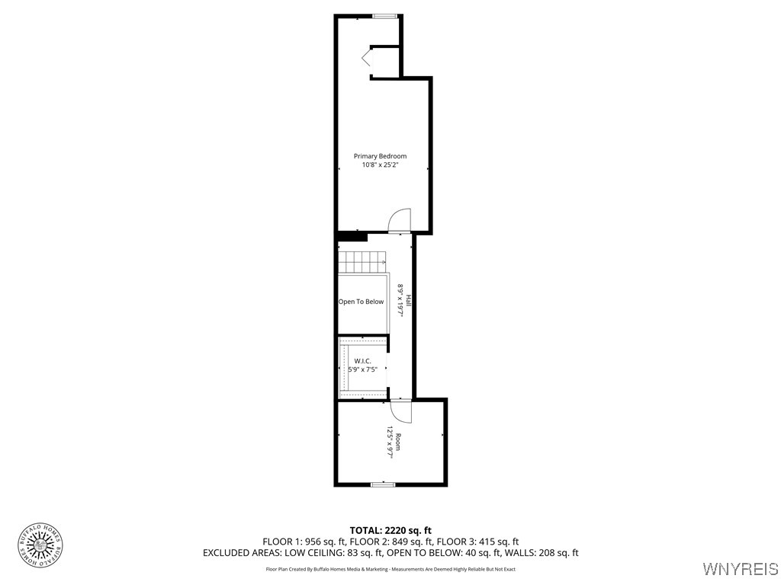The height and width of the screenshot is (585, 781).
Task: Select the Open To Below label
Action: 362,302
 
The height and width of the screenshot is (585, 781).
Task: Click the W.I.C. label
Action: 363,360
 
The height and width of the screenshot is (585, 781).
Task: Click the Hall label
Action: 409,301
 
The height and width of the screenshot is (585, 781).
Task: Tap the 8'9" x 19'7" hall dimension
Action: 400,301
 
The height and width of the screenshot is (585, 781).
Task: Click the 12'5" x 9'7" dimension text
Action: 389,443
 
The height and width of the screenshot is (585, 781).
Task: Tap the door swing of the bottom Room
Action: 401,411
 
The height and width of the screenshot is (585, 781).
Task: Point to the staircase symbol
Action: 363,263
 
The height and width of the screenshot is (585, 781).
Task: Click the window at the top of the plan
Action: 384,15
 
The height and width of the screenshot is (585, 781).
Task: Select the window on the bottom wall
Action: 383,484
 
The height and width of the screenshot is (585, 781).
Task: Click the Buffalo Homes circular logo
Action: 40,545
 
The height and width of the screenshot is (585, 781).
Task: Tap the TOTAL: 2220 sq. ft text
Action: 390,530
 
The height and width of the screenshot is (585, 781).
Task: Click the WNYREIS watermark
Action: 741,569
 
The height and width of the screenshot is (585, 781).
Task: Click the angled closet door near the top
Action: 367,58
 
